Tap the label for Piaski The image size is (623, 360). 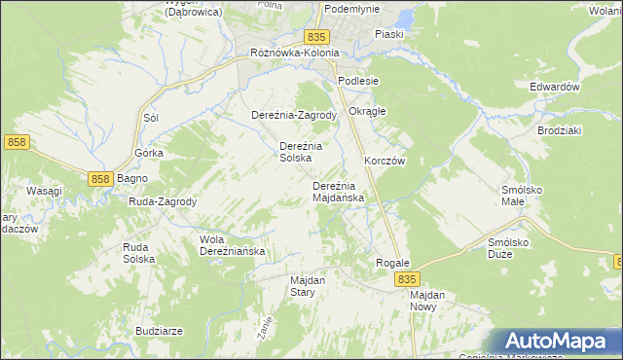point(389,34)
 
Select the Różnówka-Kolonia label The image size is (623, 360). point(294,53)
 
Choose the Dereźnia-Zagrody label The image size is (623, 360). point(294,115)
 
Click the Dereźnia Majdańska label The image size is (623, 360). point(338,192)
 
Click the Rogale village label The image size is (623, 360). point(392,264)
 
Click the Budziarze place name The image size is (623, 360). point(160,331)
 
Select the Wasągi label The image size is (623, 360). point(45,191)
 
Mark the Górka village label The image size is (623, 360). point(149,154)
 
